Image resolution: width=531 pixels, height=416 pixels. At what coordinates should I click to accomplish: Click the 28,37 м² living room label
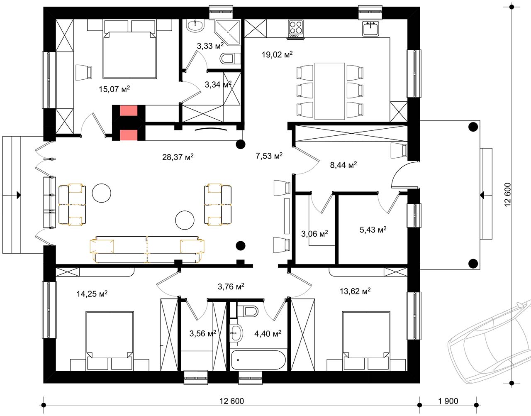click(178, 157)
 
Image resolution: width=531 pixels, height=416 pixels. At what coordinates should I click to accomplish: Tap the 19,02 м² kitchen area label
click(277, 54)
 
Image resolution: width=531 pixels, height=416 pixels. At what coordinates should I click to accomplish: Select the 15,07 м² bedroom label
click(114, 89)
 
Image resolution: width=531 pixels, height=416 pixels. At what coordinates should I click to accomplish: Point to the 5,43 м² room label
click(373, 230)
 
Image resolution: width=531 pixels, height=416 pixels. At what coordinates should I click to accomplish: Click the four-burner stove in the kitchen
click(296, 29)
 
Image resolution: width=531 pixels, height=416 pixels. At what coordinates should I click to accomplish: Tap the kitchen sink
click(370, 29)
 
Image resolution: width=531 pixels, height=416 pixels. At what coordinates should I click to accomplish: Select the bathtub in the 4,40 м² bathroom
click(258, 360)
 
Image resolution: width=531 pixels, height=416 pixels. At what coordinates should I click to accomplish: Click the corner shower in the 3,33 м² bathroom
click(228, 32)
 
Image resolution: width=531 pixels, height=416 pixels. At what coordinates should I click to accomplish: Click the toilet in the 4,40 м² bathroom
click(248, 311)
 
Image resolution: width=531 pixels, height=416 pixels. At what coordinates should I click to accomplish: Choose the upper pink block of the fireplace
click(129, 110)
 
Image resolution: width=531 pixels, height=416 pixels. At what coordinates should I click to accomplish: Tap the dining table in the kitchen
click(330, 91)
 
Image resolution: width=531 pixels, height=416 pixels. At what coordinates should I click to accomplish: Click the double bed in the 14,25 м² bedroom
click(110, 340)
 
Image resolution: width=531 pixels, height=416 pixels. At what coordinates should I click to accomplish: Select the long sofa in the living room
click(147, 250)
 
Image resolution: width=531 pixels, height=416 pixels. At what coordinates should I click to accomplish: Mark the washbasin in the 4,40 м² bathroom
click(236, 333)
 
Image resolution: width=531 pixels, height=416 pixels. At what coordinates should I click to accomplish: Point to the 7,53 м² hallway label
click(269, 156)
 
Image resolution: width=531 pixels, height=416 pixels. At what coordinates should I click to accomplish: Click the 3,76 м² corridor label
click(231, 286)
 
